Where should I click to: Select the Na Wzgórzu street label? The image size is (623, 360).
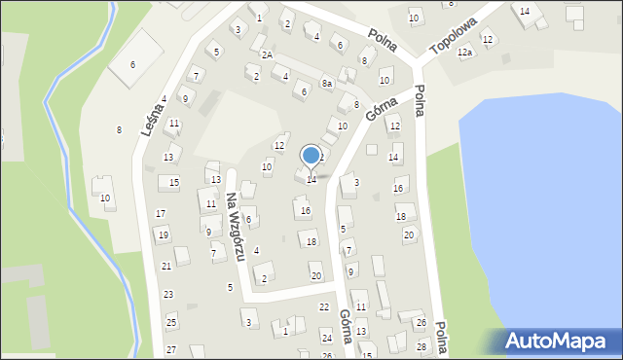(234, 227)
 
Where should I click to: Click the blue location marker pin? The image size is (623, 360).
(311, 156)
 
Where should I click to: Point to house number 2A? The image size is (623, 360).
(267, 55)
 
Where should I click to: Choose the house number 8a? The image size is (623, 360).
(327, 84)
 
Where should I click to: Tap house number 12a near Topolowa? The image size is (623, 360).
(464, 53)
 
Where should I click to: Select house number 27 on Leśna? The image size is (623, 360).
(171, 349)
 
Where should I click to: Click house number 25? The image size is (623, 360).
(171, 322)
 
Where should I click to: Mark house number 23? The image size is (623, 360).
(168, 294)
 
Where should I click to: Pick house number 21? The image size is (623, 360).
(166, 266)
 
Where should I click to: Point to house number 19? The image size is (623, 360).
(163, 235)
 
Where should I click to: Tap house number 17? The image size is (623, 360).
(161, 213)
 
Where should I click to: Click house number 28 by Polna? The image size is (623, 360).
(421, 346)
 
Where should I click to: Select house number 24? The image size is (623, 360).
(326, 337)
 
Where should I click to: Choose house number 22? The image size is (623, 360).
(324, 306)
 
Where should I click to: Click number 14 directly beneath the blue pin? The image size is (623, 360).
(311, 179)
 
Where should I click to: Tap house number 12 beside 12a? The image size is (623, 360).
(488, 39)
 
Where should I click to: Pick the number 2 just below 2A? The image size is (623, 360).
(256, 76)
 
